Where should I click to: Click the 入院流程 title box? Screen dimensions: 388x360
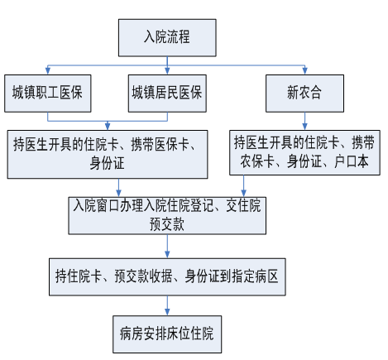click(167, 38)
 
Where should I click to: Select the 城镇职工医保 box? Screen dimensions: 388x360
click(48, 94)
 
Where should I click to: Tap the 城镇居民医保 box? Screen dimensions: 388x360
click(167, 94)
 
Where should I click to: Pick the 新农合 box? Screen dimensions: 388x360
click(304, 94)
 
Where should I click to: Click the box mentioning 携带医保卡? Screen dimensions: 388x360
click(108, 155)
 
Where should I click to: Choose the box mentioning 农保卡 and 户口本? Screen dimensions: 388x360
click(304, 152)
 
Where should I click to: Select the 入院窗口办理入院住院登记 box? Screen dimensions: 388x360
click(167, 216)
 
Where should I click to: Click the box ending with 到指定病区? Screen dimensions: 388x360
click(167, 277)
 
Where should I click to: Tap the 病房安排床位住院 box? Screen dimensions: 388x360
click(167, 334)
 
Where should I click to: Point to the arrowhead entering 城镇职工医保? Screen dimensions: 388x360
click(48, 71)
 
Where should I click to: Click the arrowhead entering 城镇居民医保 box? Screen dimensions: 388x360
click(167, 71)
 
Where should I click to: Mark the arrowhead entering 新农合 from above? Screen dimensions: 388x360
click(304, 71)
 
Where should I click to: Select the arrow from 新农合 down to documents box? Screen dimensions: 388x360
click(304, 122)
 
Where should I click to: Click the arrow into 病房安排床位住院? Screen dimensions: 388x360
click(167, 305)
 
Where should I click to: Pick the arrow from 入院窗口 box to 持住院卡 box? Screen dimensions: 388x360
click(167, 247)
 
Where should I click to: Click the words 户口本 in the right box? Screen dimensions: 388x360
click(351, 161)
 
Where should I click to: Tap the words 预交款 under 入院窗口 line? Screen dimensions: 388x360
click(167, 224)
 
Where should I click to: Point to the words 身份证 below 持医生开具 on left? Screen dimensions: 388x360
click(107, 163)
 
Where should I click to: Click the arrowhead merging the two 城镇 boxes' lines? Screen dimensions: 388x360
click(108, 127)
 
